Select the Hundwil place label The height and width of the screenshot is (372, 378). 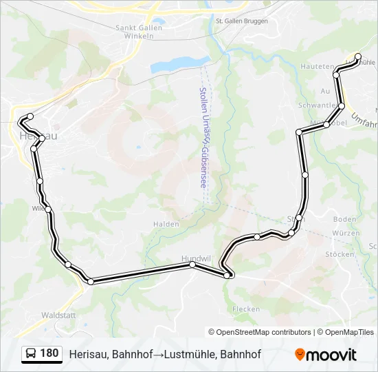click(196, 258)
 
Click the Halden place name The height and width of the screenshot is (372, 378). click(166, 224)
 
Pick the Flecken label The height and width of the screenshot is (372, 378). click(246, 309)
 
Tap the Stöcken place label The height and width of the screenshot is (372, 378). click(340, 254)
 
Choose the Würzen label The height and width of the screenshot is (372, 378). click(345, 233)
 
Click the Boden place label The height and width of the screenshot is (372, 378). click(344, 219)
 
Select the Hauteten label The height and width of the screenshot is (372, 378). click(316, 65)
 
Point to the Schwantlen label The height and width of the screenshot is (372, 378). click(316, 105)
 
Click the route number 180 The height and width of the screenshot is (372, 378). click(49, 353)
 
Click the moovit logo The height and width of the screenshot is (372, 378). click(326, 354)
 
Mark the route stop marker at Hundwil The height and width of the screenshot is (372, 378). click(192, 265)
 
